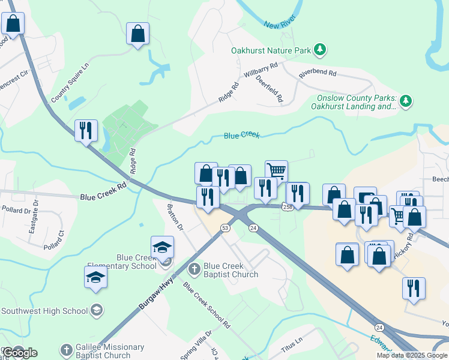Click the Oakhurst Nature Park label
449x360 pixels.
273,50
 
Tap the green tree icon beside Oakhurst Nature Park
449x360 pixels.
321,50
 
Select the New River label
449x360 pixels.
279,25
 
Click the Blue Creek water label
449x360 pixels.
241,136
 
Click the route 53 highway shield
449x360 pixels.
225,228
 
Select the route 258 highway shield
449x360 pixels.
286,206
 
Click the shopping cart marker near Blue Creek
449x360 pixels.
276,171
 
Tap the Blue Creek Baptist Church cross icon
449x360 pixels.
194,269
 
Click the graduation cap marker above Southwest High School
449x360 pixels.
95,277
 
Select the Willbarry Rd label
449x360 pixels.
261,70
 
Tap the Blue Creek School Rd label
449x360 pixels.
207,305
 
